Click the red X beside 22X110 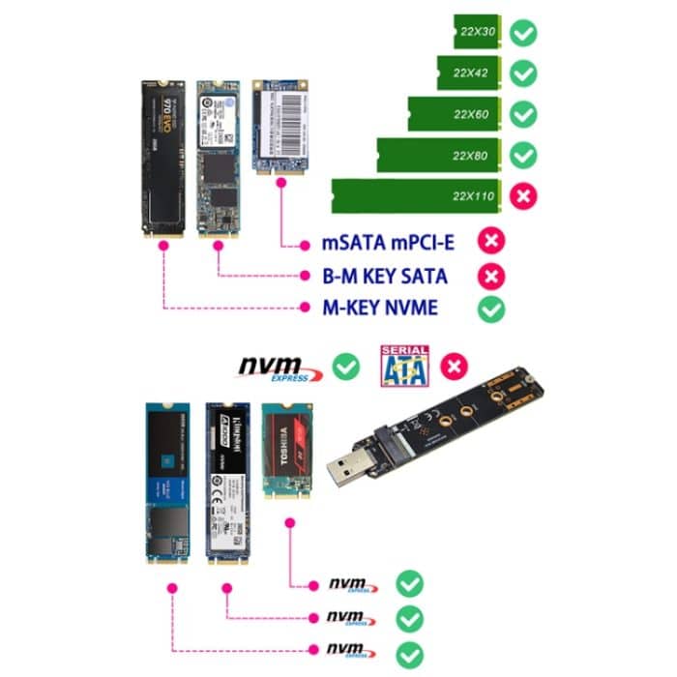(x=523, y=195)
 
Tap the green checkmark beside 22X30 (x=523, y=35)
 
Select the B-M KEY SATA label (x=385, y=277)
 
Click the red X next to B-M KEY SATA (x=492, y=277)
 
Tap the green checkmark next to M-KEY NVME (x=492, y=309)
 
